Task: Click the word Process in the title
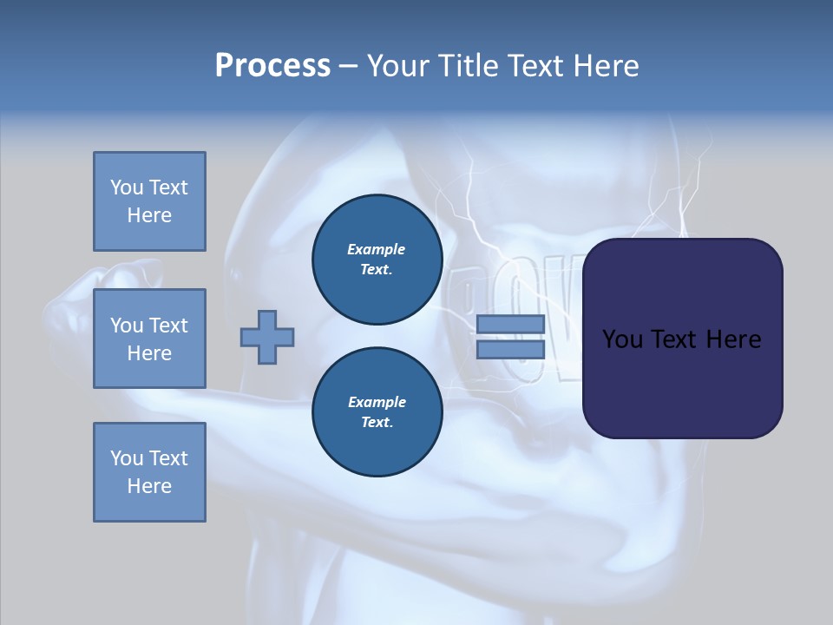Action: tap(272, 66)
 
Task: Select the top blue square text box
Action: tap(149, 201)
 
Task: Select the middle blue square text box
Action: tap(149, 339)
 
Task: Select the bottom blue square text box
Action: tap(149, 471)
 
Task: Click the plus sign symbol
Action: tap(267, 337)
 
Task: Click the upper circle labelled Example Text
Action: tap(377, 259)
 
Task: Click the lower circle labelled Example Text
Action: tap(377, 411)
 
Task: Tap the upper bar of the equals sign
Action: tap(511, 324)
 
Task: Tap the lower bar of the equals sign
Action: tap(511, 349)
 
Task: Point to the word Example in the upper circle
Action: tap(377, 249)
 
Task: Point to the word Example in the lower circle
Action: tap(377, 402)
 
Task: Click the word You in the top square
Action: tap(127, 187)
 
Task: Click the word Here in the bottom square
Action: tap(149, 486)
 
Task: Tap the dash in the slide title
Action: tap(349, 66)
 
